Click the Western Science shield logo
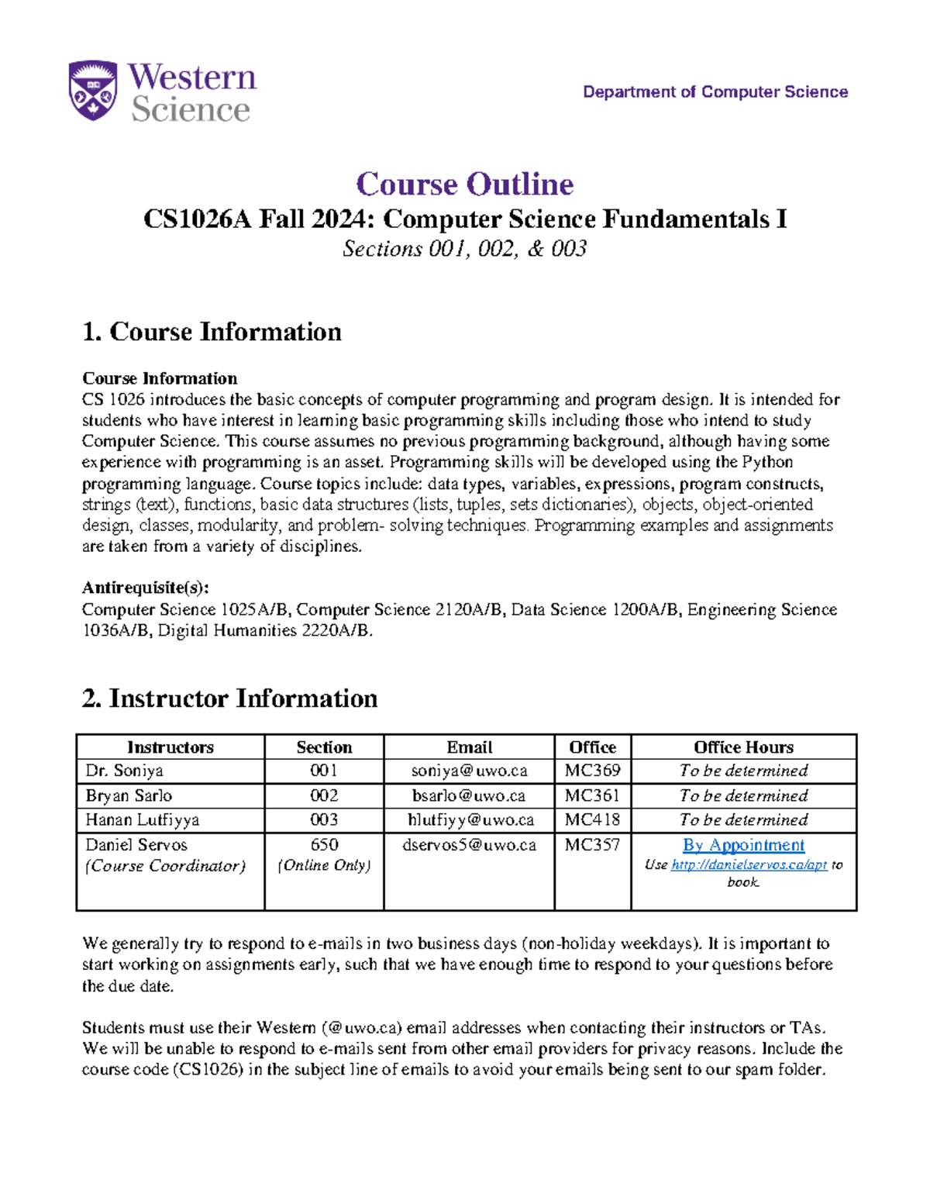(93, 91)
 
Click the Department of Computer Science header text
(715, 92)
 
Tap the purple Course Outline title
(464, 185)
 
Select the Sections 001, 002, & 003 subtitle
(464, 249)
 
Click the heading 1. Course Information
(212, 332)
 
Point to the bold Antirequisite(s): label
(145, 588)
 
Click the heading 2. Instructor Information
(229, 699)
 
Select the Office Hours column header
(743, 747)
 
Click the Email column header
(469, 747)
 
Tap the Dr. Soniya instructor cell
(124, 771)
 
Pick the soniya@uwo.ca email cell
(469, 771)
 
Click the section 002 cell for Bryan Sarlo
(324, 795)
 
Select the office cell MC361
(592, 795)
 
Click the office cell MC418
(592, 819)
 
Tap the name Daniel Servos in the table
(136, 845)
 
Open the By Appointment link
(743, 845)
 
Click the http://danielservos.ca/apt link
(749, 864)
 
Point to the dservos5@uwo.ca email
(469, 845)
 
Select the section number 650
(324, 845)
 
